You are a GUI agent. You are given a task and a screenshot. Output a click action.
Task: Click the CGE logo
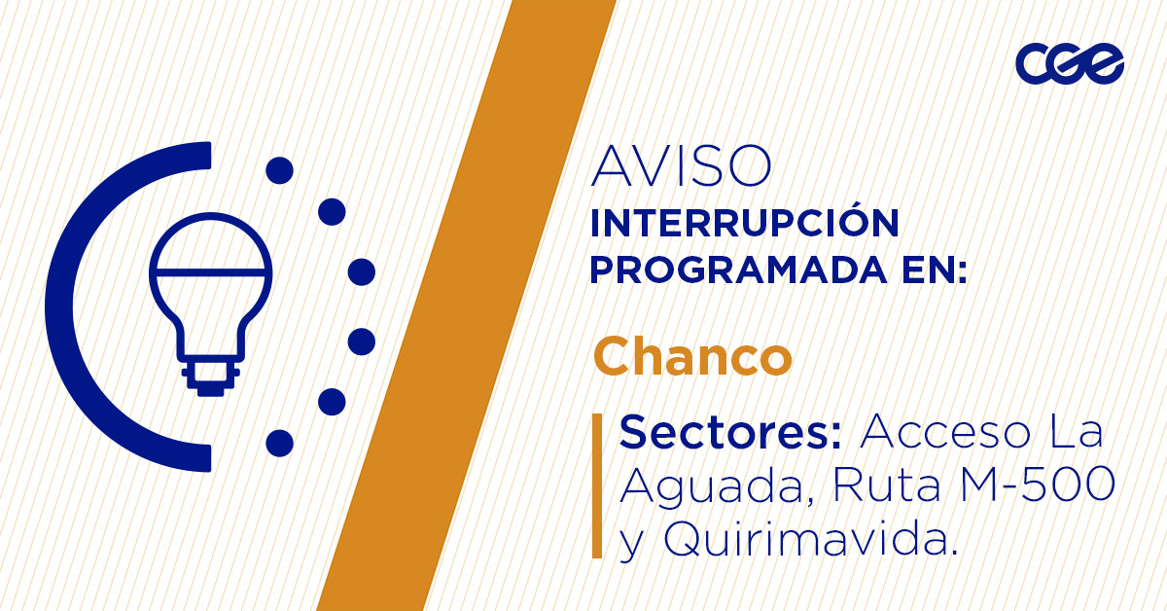click(x=1070, y=64)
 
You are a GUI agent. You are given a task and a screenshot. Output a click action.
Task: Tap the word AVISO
click(x=681, y=167)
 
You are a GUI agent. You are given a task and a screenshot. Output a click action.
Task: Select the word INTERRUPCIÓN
click(x=744, y=224)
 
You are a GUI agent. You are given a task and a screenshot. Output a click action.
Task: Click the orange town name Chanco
click(x=692, y=357)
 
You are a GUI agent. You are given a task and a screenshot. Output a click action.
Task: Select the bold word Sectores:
click(x=730, y=432)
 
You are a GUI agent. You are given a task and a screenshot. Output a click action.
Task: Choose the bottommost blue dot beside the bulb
click(x=279, y=443)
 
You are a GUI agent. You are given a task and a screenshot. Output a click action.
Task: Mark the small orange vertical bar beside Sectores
click(x=597, y=485)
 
